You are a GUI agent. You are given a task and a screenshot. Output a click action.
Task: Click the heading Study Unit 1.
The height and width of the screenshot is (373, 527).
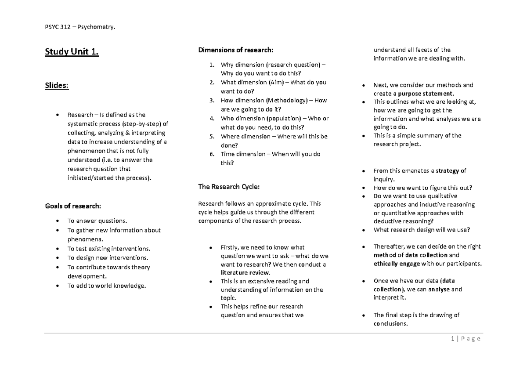72,53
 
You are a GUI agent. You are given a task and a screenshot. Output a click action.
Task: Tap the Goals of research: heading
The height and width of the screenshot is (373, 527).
73,206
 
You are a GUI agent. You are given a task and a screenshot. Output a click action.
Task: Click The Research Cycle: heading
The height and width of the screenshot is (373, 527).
229,187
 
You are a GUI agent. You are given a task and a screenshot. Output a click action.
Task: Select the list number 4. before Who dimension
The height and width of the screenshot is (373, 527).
212,119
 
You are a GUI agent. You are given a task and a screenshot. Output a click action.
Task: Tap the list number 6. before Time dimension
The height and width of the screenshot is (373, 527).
212,154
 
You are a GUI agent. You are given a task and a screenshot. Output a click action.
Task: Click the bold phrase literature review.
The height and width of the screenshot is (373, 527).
245,272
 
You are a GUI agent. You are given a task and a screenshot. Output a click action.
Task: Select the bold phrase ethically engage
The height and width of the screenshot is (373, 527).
396,264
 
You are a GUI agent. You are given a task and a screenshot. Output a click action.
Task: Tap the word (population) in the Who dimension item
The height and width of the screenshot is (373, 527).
286,119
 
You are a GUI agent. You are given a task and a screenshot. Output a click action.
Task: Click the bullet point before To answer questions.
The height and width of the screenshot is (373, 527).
58,221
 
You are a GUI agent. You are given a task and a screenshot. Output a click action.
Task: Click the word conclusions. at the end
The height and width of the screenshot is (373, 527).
390,324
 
